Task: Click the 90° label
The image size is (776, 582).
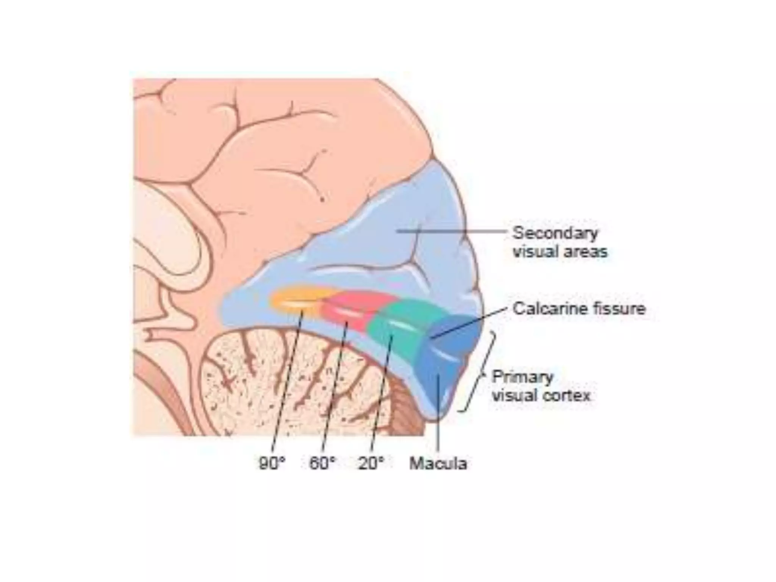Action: [x=271, y=463]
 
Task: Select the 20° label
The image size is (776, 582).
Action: [x=371, y=463]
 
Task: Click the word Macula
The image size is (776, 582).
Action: [x=438, y=463]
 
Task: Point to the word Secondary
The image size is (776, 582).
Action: [x=555, y=233]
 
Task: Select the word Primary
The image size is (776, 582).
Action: [x=523, y=377]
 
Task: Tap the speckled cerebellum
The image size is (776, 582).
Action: [x=288, y=379]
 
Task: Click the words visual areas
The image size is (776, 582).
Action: [x=560, y=252]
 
